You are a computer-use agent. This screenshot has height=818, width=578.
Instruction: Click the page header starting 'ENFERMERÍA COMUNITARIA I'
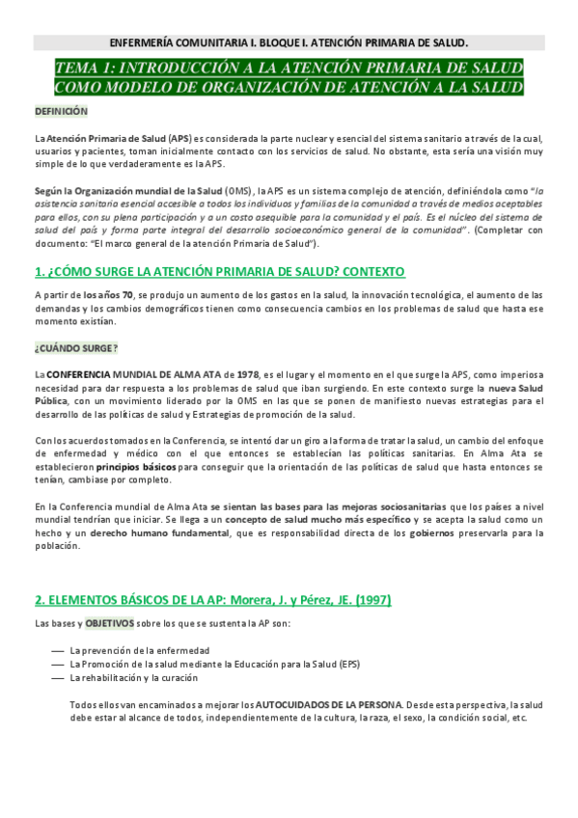[x=289, y=42]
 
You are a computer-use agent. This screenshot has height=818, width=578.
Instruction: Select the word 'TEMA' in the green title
[x=76, y=68]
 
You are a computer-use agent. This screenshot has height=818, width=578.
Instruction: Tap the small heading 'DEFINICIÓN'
[x=61, y=112]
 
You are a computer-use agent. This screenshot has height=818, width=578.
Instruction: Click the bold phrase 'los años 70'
[x=108, y=294]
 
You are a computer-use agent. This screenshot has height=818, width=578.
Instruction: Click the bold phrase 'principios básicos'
[x=135, y=465]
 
